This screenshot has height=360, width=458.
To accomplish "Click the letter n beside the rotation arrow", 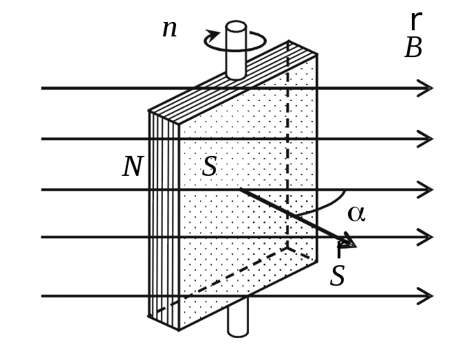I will tap(169, 30).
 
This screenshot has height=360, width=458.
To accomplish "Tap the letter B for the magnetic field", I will tap(413, 49).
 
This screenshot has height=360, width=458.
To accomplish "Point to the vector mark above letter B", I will tap(415, 21).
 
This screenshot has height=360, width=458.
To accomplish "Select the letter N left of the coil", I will tap(133, 167).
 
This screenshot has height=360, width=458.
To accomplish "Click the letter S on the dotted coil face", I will tap(210, 167).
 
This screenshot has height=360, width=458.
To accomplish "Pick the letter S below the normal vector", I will tap(337, 276).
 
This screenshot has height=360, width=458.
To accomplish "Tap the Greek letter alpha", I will tap(356, 214).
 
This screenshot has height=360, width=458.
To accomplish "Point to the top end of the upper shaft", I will tap(236, 27).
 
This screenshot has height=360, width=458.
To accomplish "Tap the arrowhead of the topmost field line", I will tap(426, 88).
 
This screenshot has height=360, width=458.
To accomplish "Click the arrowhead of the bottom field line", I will tap(426, 296).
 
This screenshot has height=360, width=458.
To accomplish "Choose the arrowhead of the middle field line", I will tap(426, 190).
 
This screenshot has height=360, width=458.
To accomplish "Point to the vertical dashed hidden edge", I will tap(287, 151).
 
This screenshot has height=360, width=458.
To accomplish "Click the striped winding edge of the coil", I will tap(164, 220).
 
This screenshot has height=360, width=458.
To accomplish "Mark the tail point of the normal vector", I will tap(240, 190).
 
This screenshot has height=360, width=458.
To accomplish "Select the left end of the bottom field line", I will tap(43, 296).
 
